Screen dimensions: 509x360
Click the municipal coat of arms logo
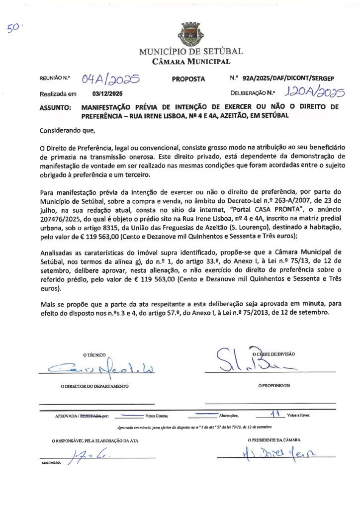click(x=190, y=33)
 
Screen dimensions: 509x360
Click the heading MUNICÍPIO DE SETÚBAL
click(x=191, y=52)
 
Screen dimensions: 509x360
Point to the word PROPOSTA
click(x=188, y=79)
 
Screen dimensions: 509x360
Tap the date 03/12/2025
click(x=107, y=93)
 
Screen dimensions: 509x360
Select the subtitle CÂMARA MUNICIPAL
click(x=191, y=62)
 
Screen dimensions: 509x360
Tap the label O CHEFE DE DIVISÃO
click(x=273, y=354)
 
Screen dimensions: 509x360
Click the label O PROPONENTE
click(x=274, y=386)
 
